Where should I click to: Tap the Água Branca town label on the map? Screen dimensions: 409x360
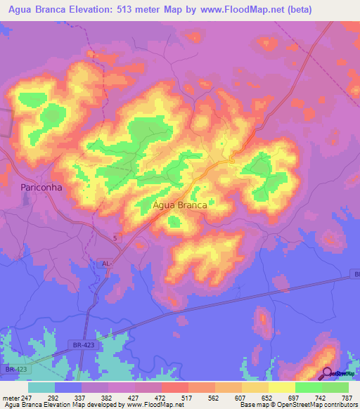pyautogui.click(x=179, y=205)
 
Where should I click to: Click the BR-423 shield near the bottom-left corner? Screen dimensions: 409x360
pyautogui.click(x=16, y=368)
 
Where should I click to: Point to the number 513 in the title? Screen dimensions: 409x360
pyautogui.click(x=136, y=9)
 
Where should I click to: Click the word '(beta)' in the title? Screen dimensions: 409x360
pyautogui.click(x=294, y=9)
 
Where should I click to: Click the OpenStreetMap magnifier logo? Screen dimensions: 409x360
pyautogui.click(x=328, y=372)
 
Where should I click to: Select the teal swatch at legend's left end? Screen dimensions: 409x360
pyautogui.click(x=41, y=387)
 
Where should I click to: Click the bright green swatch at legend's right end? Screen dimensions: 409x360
pyautogui.click(x=335, y=387)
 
